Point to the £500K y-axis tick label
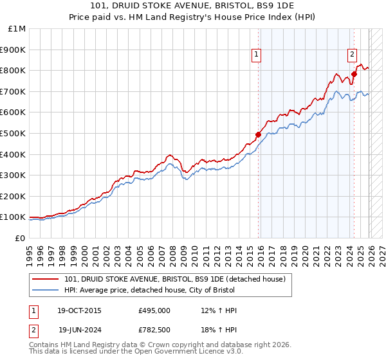pyautogui.click(x=14, y=133)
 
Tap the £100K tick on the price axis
pyautogui.click(x=14, y=217)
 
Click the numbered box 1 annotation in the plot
pyautogui.click(x=256, y=55)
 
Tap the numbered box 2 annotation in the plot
pyautogui.click(x=353, y=55)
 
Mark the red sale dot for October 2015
pyautogui.click(x=258, y=134)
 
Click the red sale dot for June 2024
pyautogui.click(x=354, y=74)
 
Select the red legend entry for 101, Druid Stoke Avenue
pyautogui.click(x=179, y=278)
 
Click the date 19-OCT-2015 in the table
pyautogui.click(x=80, y=310)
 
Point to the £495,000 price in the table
pyautogui.click(x=154, y=310)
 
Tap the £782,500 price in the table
pyautogui.click(x=154, y=330)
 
